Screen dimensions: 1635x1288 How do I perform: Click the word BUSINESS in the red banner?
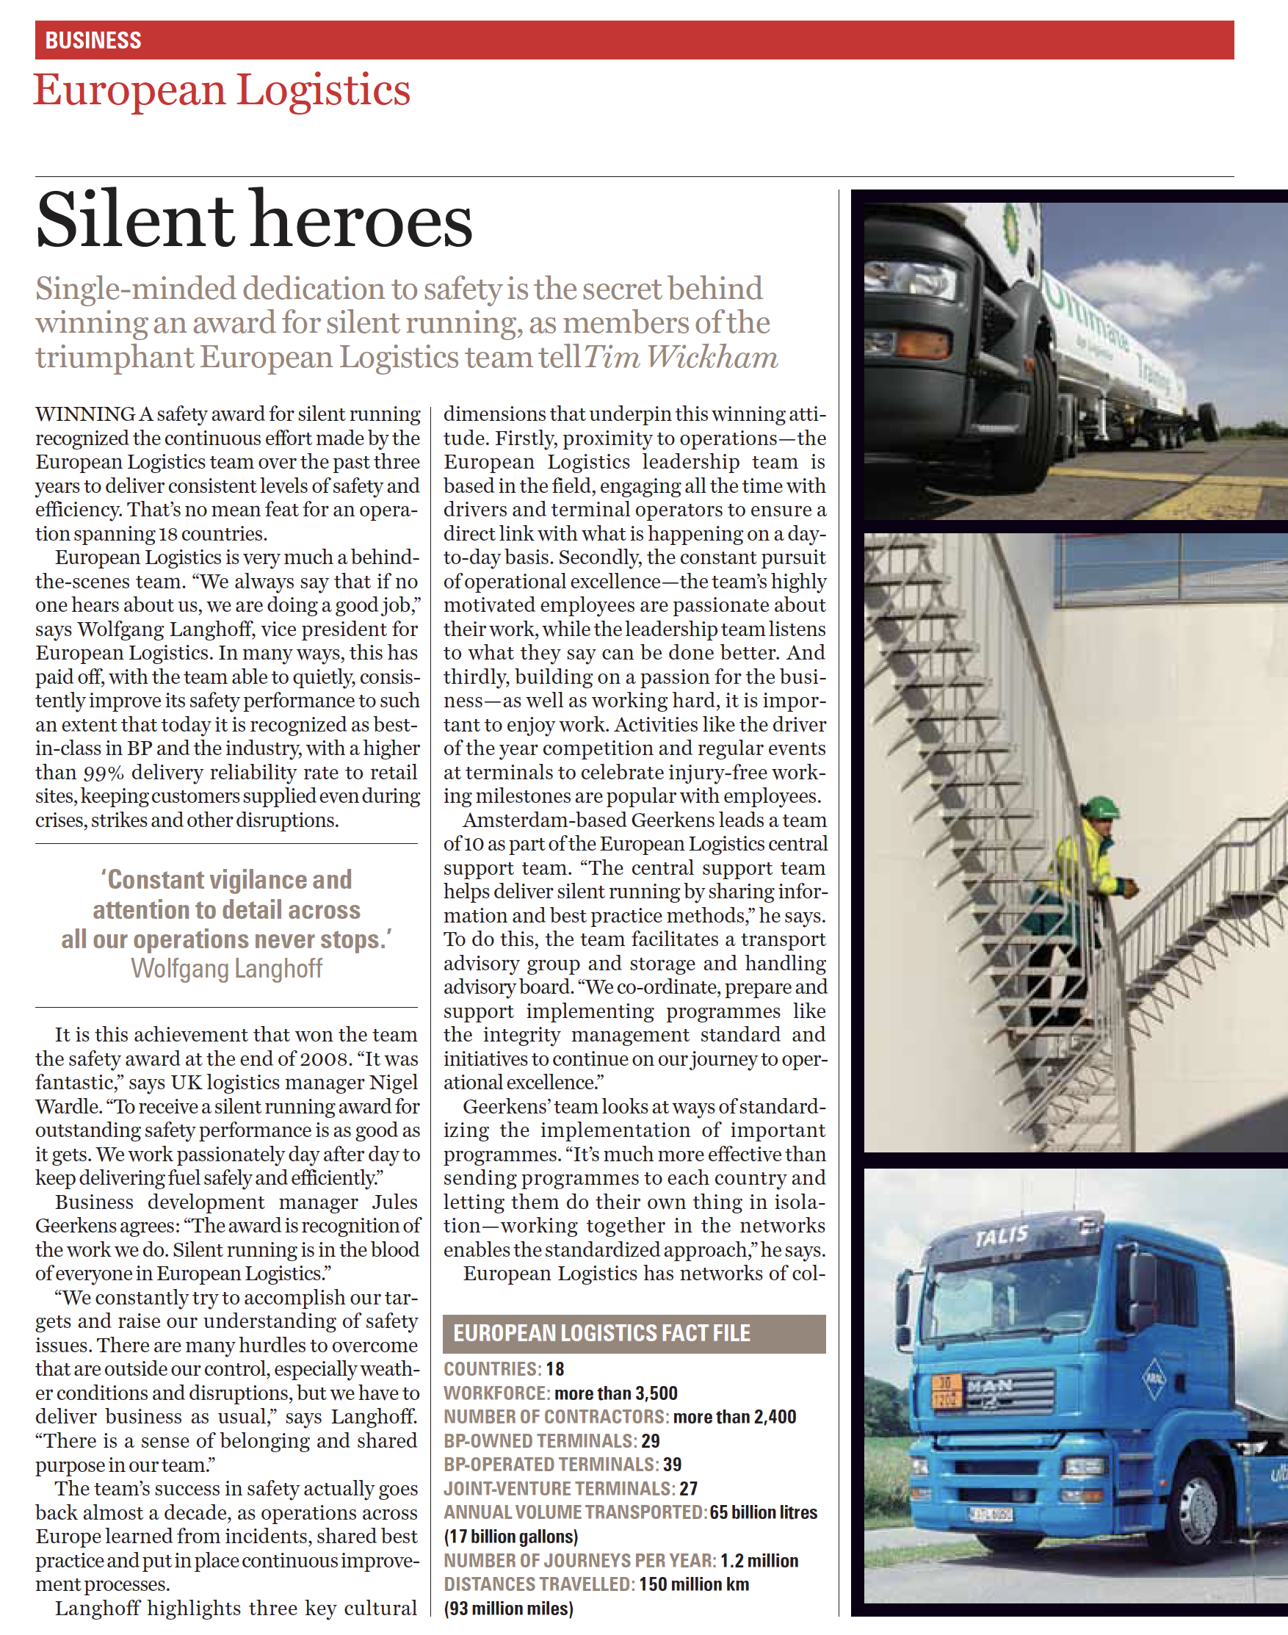[x=93, y=40]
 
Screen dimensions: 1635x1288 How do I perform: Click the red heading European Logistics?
[x=222, y=90]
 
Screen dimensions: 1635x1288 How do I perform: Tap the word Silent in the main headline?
[x=134, y=220]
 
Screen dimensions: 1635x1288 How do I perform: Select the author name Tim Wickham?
[x=680, y=357]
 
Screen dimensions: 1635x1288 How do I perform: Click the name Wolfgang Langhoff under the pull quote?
[x=226, y=968]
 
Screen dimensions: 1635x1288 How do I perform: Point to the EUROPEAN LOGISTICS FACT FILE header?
[x=601, y=1332]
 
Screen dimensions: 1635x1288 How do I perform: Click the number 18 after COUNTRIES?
[x=555, y=1369]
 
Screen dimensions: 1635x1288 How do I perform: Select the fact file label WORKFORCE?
[x=495, y=1393]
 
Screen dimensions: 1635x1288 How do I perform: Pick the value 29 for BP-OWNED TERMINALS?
[x=650, y=1441]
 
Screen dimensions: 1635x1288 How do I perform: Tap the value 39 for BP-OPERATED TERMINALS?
[x=672, y=1465]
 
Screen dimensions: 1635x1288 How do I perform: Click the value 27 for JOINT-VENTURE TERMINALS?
[x=688, y=1489]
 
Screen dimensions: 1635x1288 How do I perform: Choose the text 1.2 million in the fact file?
[x=759, y=1560]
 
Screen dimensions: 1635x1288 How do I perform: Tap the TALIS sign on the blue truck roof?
[x=1001, y=1235]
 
